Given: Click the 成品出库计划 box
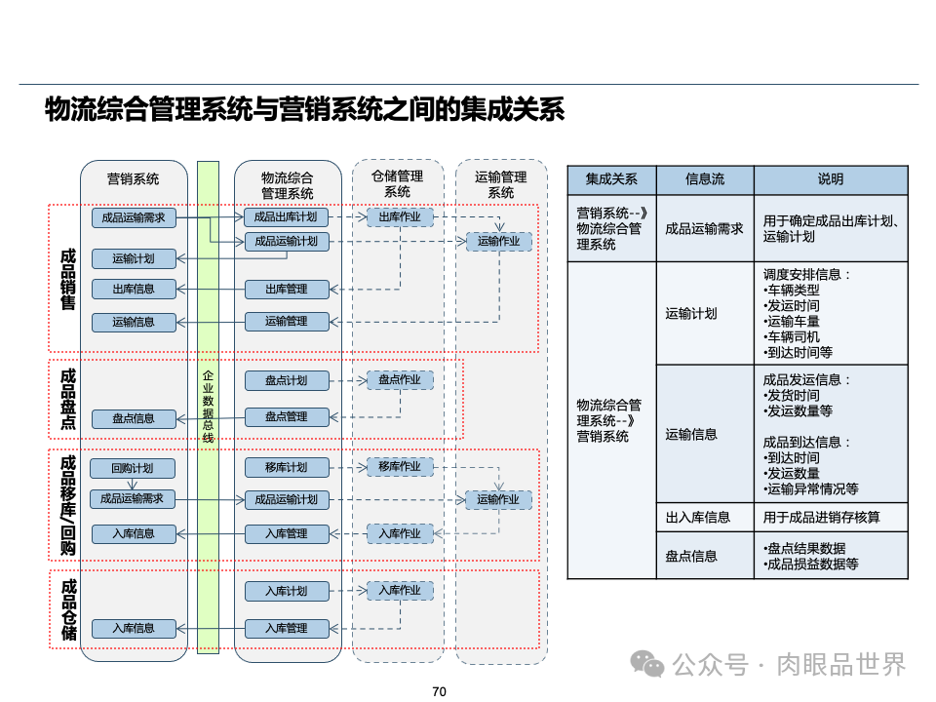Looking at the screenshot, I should tap(287, 217).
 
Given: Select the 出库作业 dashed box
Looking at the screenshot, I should tap(400, 217).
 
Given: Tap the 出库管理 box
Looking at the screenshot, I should tap(287, 289).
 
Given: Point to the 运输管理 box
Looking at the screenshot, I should tap(287, 321).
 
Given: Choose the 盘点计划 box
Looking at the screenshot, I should tap(287, 380).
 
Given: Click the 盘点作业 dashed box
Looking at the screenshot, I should tap(400, 380).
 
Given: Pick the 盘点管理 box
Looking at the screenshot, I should tap(287, 416).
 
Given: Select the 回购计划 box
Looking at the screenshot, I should tap(133, 468).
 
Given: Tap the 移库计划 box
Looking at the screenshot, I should tap(287, 467).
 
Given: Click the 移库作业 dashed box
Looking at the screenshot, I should tap(400, 467).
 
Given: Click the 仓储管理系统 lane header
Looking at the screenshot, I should tap(398, 184).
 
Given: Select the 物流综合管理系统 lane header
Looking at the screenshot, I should tap(288, 185).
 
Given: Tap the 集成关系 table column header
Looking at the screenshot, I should tap(611, 179).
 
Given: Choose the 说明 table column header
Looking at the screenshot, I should tap(831, 179).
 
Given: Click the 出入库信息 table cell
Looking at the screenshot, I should tap(698, 517).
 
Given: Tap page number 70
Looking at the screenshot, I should tap(439, 691).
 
